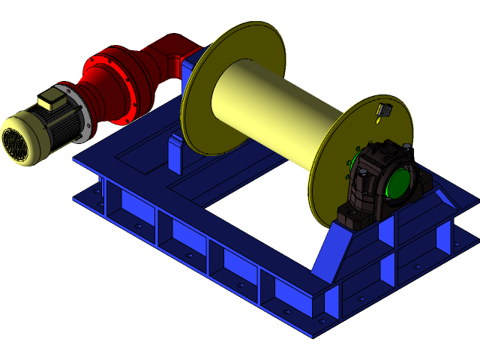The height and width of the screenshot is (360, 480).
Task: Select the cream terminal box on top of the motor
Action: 51,99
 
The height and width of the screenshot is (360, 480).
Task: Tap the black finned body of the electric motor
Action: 64,124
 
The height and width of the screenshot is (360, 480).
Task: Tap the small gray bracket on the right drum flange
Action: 385,110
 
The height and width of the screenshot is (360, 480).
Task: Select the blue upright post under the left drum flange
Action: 175,154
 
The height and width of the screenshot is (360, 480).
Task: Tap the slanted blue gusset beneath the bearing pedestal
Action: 330,251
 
